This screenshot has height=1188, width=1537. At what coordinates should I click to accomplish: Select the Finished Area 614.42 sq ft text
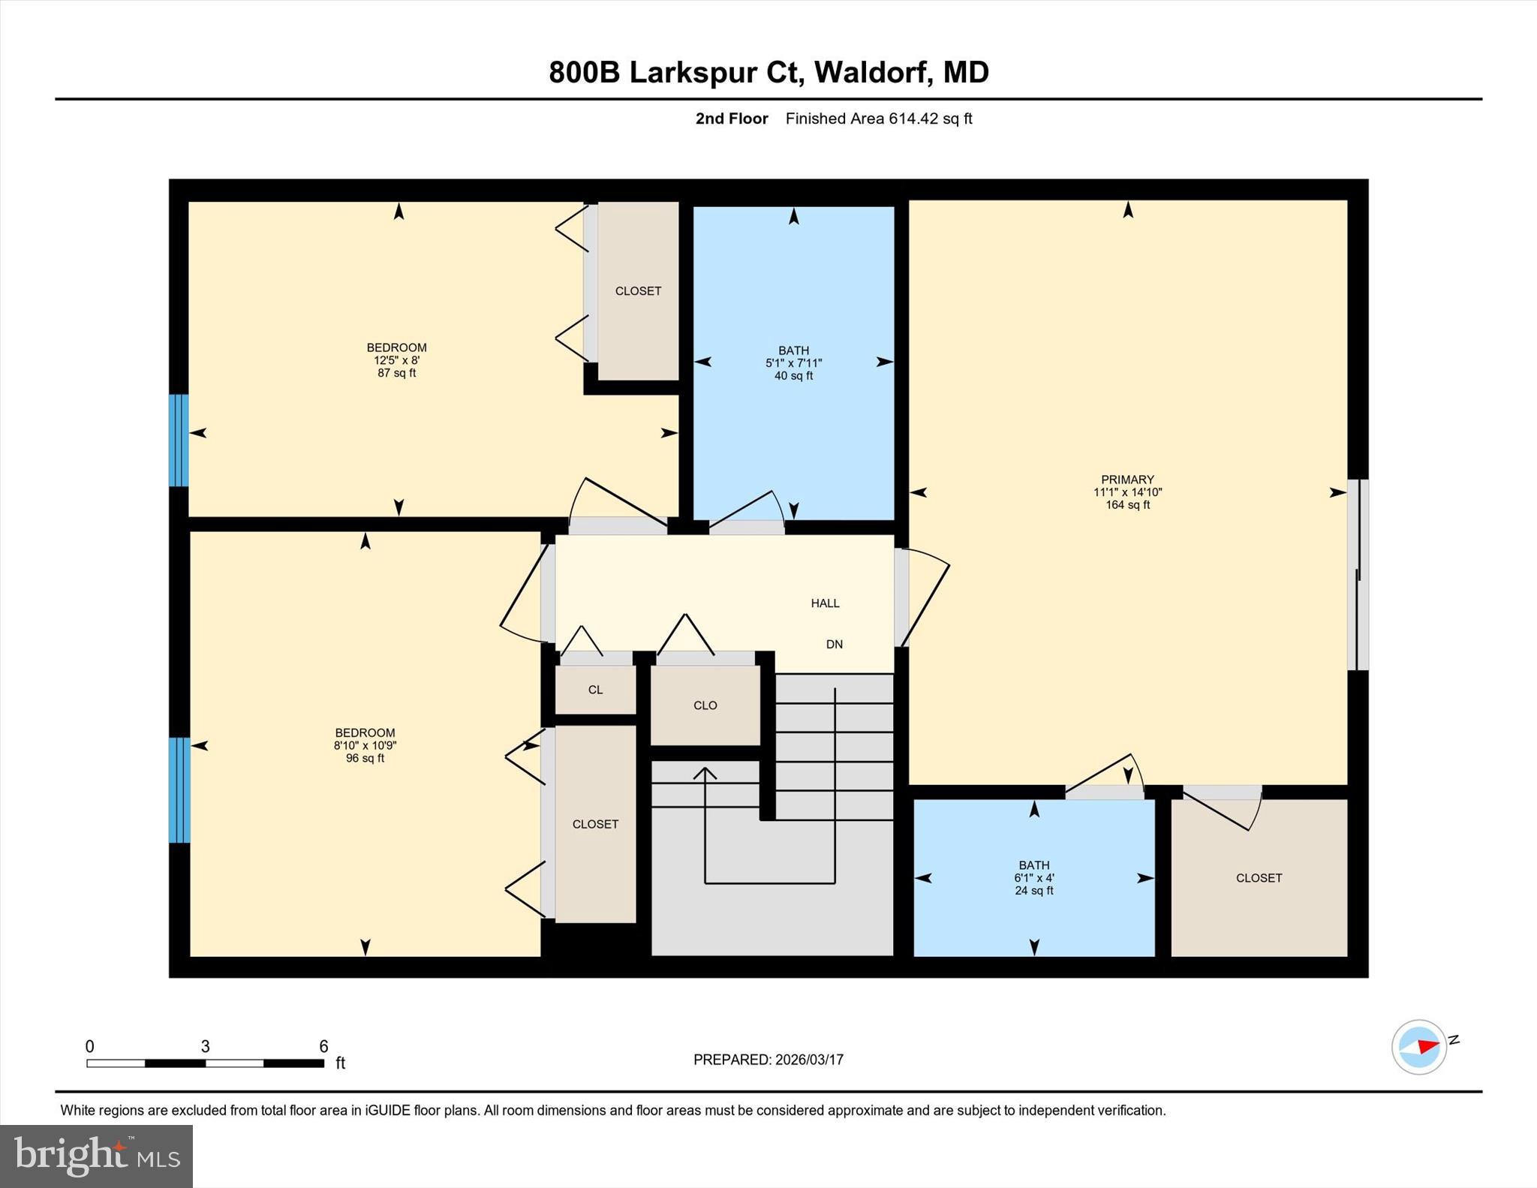[x=878, y=119]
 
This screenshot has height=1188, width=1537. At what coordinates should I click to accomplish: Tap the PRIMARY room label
[x=1127, y=480]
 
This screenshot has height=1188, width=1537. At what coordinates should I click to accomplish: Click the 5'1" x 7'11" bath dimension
[x=793, y=363]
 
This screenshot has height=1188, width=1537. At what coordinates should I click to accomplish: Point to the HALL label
[x=825, y=603]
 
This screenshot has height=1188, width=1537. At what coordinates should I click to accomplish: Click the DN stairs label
[x=834, y=645]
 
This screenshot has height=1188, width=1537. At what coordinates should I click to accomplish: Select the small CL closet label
[x=595, y=690]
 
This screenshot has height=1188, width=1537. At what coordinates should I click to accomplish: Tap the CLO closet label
[x=705, y=705]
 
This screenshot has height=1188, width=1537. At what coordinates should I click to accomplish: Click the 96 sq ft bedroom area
[x=365, y=759]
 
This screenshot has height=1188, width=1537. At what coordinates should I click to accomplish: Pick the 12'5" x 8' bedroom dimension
[x=396, y=360]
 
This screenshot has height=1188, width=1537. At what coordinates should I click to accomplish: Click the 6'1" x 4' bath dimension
[x=1033, y=878]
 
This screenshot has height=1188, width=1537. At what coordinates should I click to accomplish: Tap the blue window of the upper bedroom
[x=179, y=441]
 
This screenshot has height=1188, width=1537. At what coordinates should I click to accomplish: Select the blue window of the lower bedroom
[x=179, y=790]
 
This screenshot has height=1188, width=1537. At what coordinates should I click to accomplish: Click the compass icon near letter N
[x=1418, y=1047]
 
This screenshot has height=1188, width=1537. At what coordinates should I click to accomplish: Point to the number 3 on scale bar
[x=205, y=1046]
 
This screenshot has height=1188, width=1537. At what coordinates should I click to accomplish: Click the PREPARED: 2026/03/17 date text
[x=768, y=1060]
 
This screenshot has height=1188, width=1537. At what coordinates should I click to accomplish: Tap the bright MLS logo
[x=96, y=1156]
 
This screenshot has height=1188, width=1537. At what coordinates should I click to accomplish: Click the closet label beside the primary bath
[x=1259, y=878]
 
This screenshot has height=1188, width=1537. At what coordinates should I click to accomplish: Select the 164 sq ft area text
[x=1127, y=505]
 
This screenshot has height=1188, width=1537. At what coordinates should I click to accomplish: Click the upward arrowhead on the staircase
[x=704, y=773]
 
